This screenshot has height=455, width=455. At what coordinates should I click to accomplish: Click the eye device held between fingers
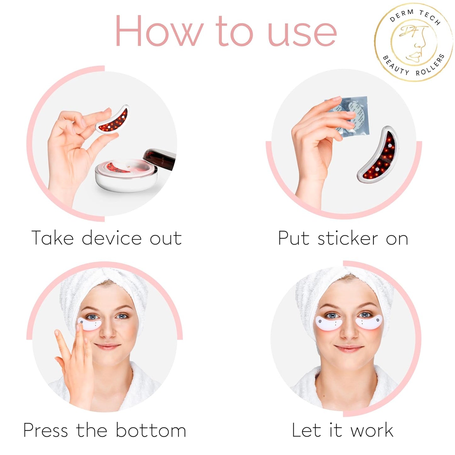pyautogui.click(x=112, y=120)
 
